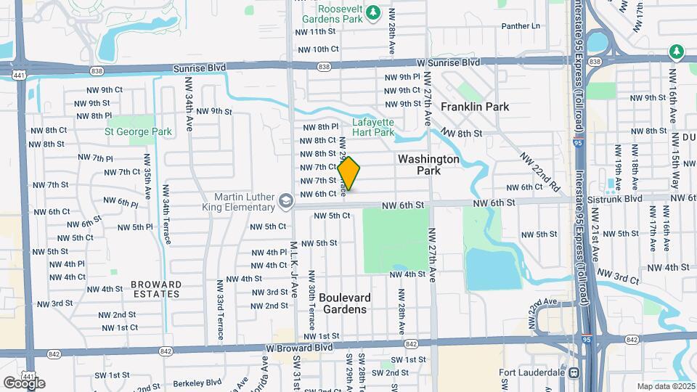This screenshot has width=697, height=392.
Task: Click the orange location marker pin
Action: [x=348, y=173]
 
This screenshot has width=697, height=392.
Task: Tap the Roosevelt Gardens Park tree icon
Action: [x=372, y=12]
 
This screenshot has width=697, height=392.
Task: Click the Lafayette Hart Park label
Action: [x=373, y=128]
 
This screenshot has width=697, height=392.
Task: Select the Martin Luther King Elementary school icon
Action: [x=286, y=199]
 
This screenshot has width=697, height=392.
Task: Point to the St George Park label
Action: [x=139, y=132]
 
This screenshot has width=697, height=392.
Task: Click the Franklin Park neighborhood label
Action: [x=475, y=107]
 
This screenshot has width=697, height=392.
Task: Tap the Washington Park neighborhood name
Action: [x=429, y=165]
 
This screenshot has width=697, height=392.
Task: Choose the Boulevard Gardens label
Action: [x=344, y=303]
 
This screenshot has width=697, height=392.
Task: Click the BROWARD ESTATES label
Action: [x=156, y=289]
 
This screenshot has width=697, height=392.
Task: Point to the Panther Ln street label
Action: [x=521, y=26]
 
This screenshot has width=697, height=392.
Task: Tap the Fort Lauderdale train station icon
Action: [x=573, y=373]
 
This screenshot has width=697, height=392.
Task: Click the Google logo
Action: [x=24, y=383]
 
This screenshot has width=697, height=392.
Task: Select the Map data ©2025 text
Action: [x=666, y=386]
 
